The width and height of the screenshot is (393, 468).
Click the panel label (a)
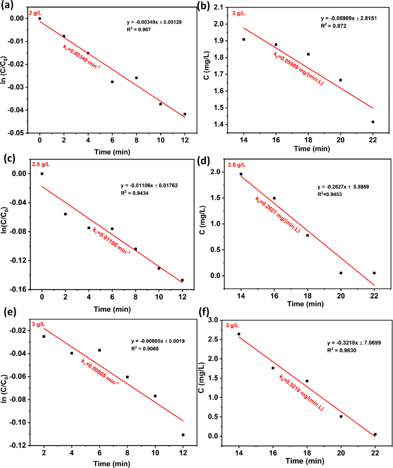tap(7, 5)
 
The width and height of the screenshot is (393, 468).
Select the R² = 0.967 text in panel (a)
tap(139, 29)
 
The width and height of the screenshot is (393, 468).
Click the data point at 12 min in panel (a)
tap(185, 114)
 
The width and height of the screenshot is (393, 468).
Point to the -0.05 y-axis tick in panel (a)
tap(16, 133)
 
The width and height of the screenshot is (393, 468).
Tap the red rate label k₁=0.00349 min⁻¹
tap(81, 56)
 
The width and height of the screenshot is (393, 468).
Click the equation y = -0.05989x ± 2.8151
tap(349, 18)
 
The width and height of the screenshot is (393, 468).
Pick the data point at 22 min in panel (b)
tap(373, 122)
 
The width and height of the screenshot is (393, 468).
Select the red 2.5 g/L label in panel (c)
tap(41, 165)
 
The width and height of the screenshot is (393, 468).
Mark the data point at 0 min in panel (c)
tap(42, 174)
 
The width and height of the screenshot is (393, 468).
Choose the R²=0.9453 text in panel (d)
tap(330, 194)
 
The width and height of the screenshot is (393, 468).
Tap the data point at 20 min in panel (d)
tap(341, 273)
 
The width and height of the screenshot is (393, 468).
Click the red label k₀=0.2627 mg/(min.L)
tap(277, 214)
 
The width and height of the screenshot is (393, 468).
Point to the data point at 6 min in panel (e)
tap(100, 350)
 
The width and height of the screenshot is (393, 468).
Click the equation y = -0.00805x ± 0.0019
tap(158, 341)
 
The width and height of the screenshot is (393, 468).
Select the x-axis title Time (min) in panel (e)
tap(112, 463)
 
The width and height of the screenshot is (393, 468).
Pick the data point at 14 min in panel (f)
tap(239, 334)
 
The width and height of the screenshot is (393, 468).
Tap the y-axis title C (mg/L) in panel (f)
tap(201, 378)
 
